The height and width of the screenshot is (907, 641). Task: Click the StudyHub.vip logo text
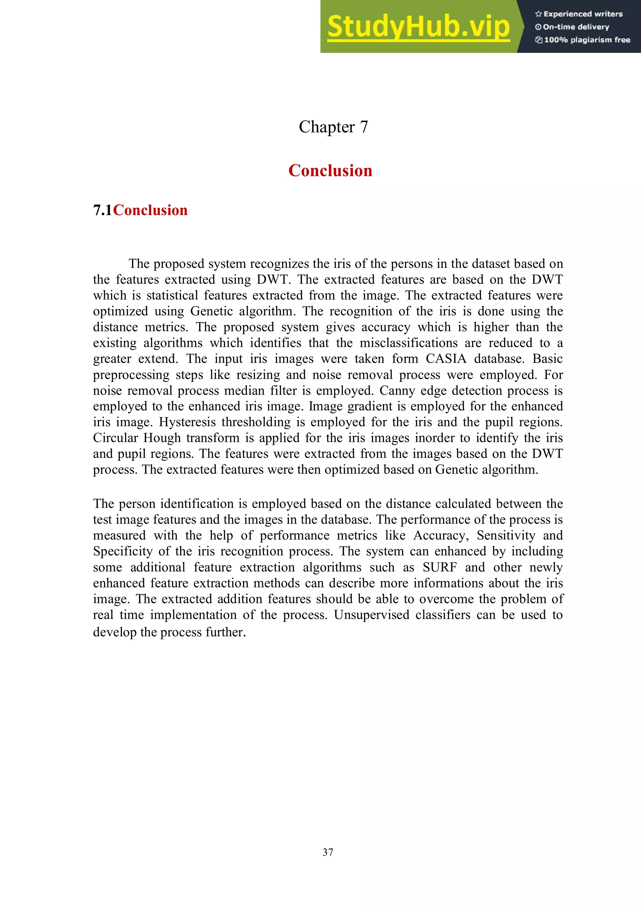(418, 27)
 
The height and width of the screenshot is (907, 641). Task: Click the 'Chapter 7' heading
(333, 127)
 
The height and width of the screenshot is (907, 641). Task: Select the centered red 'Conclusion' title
(330, 171)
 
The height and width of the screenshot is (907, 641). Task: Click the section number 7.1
(103, 210)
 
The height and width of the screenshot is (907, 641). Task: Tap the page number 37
(328, 853)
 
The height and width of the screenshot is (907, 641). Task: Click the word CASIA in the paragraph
(445, 359)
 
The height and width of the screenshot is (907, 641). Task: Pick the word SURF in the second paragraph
(439, 567)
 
